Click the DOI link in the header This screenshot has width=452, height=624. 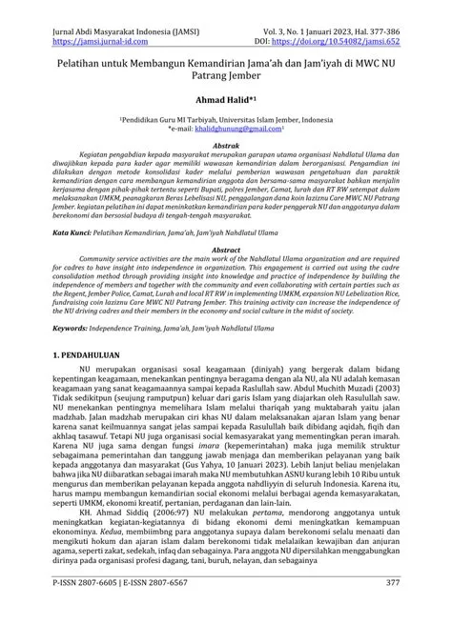(x=359, y=17)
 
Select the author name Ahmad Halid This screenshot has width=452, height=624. (x=223, y=97)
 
